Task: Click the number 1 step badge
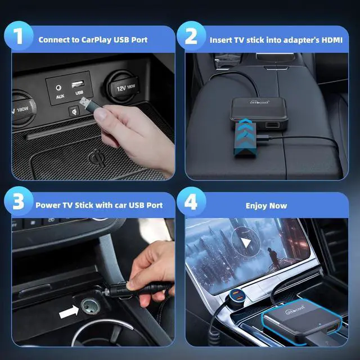click(x=19, y=36)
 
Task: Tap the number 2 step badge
click(x=191, y=36)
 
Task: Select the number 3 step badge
click(x=19, y=201)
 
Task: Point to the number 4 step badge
click(x=191, y=201)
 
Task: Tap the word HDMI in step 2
click(x=332, y=40)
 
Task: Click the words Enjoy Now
click(x=266, y=206)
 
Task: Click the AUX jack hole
click(x=58, y=88)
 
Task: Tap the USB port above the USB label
click(x=78, y=84)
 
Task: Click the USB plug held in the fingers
click(x=87, y=104)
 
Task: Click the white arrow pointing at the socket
click(x=69, y=312)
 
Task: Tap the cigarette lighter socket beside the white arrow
click(x=91, y=306)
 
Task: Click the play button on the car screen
click(x=246, y=242)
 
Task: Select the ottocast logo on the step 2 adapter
click(x=259, y=101)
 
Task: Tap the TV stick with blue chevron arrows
click(x=245, y=139)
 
